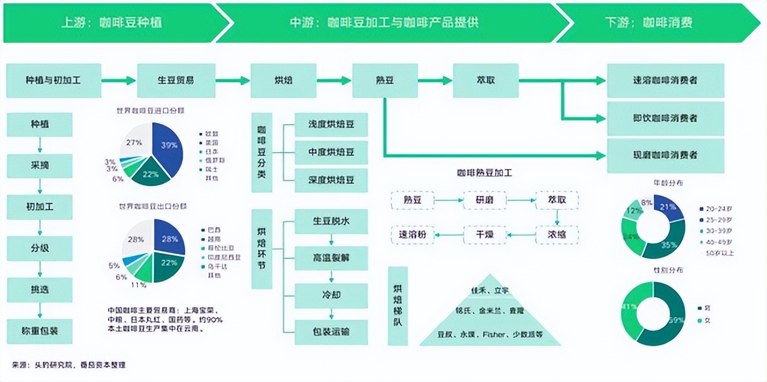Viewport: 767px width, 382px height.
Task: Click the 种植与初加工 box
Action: coord(53,80)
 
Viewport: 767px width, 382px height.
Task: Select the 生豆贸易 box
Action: coord(176,80)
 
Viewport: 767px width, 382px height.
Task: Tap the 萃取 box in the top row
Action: coord(485,80)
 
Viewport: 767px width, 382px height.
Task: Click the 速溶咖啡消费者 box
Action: coord(665,80)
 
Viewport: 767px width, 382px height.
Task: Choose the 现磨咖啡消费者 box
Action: coord(665,155)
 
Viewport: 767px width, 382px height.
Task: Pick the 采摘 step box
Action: coord(40,165)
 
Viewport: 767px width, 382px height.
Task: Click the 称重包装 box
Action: coord(40,331)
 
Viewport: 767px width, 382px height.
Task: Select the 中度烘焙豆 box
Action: coord(331,152)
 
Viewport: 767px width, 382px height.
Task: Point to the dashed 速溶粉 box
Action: coord(412,235)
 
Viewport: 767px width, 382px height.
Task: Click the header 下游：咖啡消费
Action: coord(657,23)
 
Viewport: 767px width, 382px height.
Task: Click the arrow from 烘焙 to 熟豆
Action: coord(334,80)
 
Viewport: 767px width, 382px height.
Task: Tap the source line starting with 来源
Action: coord(69,365)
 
